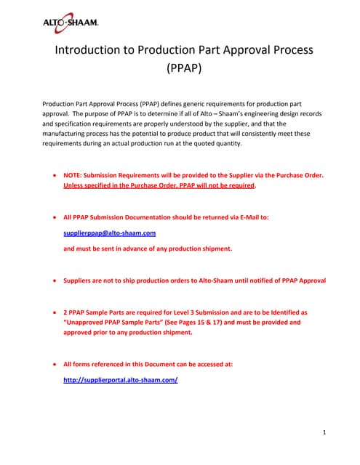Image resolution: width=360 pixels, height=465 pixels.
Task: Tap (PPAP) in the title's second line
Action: tap(180, 72)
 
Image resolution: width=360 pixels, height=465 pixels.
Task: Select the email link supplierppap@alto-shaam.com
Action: tap(110, 233)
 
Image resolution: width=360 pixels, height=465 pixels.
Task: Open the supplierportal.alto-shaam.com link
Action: tap(121, 380)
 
